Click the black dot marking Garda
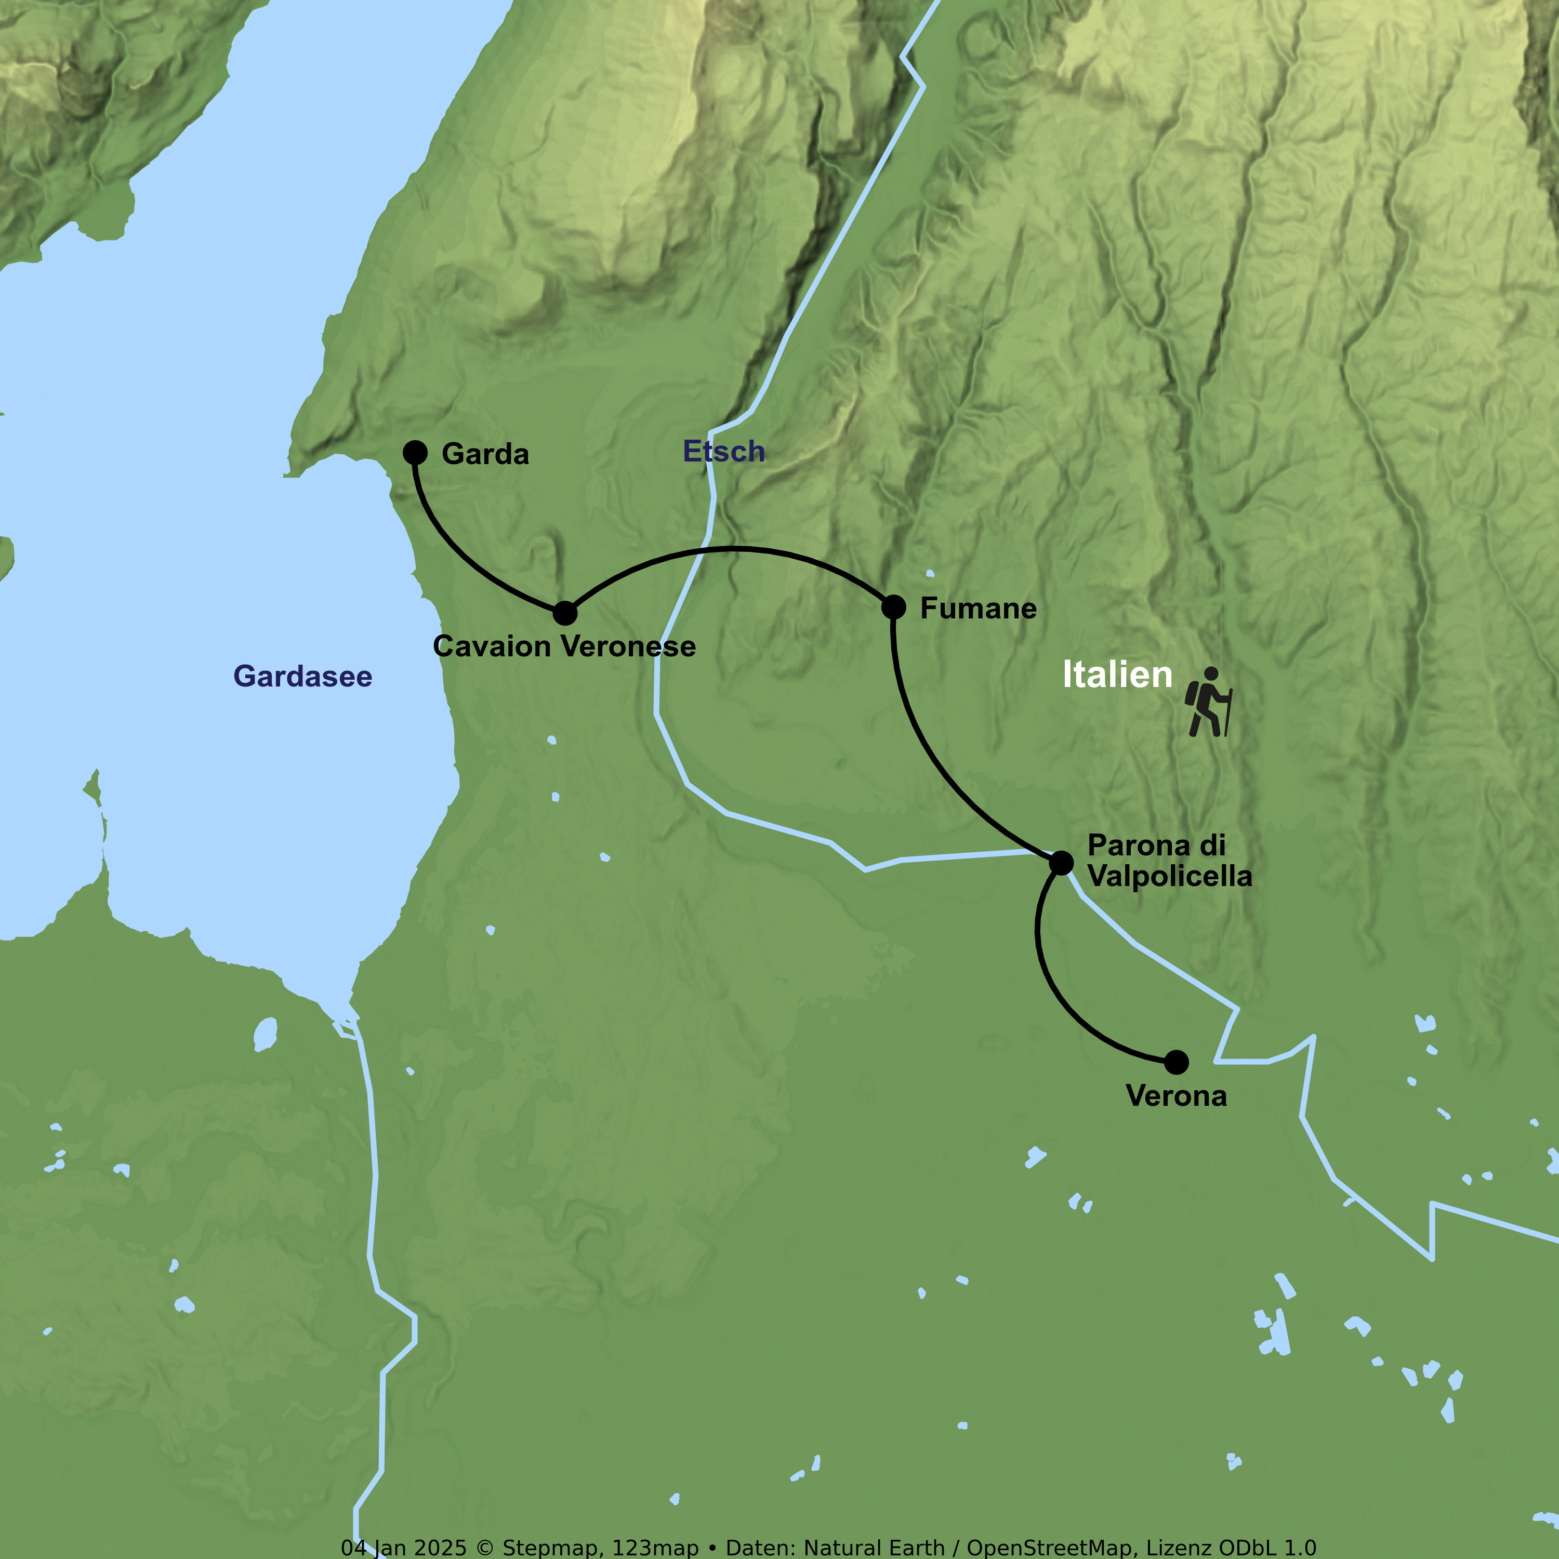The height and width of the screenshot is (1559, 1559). click(415, 453)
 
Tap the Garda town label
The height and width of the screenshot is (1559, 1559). click(485, 454)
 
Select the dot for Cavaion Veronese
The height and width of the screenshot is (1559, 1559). click(565, 613)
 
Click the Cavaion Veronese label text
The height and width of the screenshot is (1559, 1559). click(564, 646)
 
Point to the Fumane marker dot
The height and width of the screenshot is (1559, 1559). click(893, 607)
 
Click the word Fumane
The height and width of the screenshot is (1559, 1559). click(978, 609)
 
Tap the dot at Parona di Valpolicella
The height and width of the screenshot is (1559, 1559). click(1061, 863)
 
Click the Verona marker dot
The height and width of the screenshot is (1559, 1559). click(1177, 1062)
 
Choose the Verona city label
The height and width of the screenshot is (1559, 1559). click(1175, 1096)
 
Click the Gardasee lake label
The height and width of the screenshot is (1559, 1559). click(302, 676)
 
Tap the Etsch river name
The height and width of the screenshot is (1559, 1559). click(724, 451)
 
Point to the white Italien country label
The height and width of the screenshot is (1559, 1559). click(1117, 675)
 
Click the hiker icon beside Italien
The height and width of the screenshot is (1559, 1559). click(1208, 702)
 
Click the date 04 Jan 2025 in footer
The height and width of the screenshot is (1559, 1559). click(403, 1548)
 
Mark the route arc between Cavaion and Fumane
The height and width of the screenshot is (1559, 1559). click(733, 549)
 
